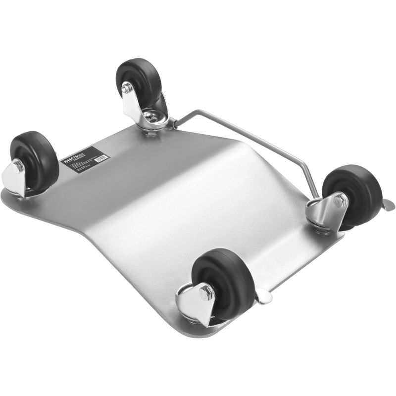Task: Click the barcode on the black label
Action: pos(100,158)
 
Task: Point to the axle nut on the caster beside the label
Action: pos(18,166)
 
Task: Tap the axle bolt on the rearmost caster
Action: pos(127,89)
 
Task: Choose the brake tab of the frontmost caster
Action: pos(263,297)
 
